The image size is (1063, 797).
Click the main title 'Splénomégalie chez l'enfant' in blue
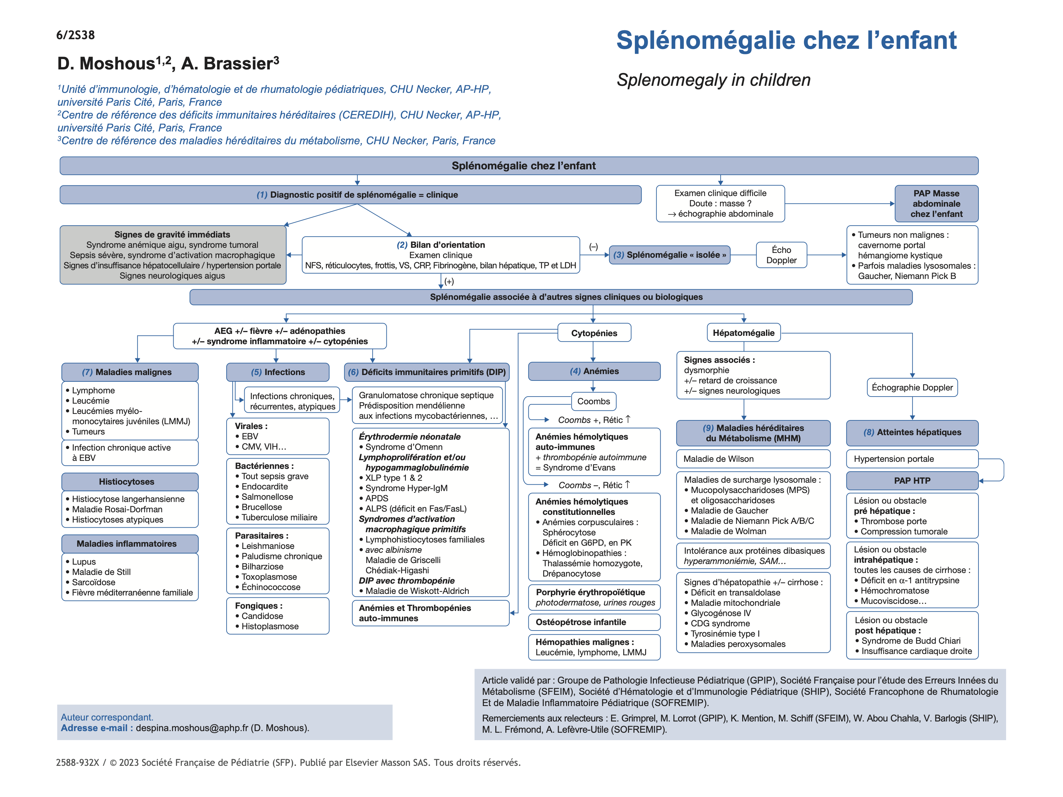coord(786,40)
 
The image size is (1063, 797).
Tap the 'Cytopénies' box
coord(594,333)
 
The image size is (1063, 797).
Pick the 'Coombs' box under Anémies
coord(593,401)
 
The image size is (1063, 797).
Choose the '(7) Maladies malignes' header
coord(130,372)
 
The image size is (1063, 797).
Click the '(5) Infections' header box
coord(278,372)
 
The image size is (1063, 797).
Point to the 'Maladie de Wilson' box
coord(752,459)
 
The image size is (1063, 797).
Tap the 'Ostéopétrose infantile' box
coord(594,622)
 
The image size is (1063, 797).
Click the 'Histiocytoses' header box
coord(130,481)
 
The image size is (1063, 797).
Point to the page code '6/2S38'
coord(76,35)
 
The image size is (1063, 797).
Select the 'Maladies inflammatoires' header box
coord(130,543)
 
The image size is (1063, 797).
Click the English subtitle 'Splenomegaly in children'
coord(713,80)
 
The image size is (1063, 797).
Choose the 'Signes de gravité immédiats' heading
coord(172,234)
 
